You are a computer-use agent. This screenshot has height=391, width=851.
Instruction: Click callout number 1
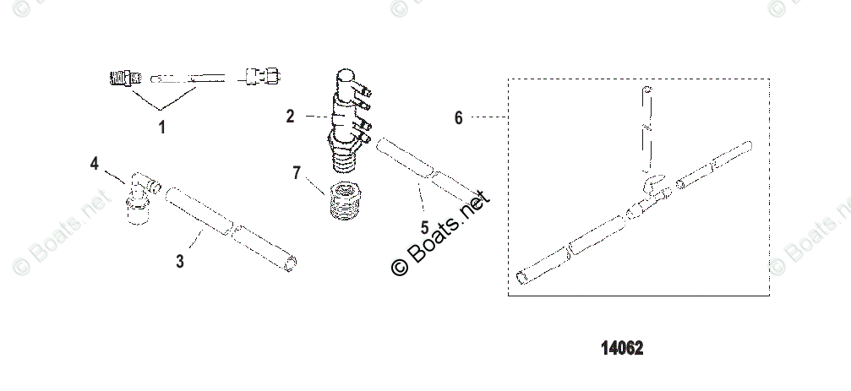pos(161,128)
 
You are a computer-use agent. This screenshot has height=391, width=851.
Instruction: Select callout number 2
pos(291,116)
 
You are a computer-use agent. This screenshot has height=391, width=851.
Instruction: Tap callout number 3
pos(180,261)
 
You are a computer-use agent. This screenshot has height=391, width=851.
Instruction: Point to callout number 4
pos(95,163)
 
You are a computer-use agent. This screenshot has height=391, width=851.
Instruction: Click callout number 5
pos(424,228)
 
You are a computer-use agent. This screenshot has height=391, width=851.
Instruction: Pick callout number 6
pos(459,117)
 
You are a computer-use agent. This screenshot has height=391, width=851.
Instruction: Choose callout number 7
pos(297,173)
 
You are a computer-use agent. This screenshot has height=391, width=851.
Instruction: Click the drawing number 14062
pos(622,348)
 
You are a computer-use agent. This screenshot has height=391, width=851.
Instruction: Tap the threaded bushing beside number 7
pos(345,200)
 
